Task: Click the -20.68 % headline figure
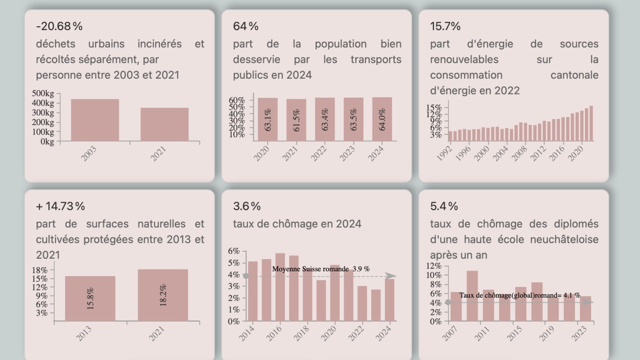tap(59, 26)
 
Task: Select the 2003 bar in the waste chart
tap(95, 120)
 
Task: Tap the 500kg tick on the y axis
tap(43, 93)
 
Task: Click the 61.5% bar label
tap(296, 120)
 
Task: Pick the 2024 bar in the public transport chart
tap(382, 119)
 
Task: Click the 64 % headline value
tap(246, 26)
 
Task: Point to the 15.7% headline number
tap(445, 26)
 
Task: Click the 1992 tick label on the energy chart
tap(444, 153)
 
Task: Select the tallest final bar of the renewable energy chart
tap(591, 123)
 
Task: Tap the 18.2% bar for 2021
tap(163, 295)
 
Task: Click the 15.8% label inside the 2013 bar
tap(90, 299)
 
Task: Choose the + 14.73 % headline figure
tap(60, 206)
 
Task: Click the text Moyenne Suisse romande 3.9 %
tap(321, 269)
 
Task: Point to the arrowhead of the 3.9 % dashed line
tap(391, 276)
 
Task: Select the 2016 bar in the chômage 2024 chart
tap(280, 287)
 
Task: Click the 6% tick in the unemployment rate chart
tap(234, 251)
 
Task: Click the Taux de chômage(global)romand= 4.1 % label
tap(519, 295)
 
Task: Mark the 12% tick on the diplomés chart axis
tap(434, 266)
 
